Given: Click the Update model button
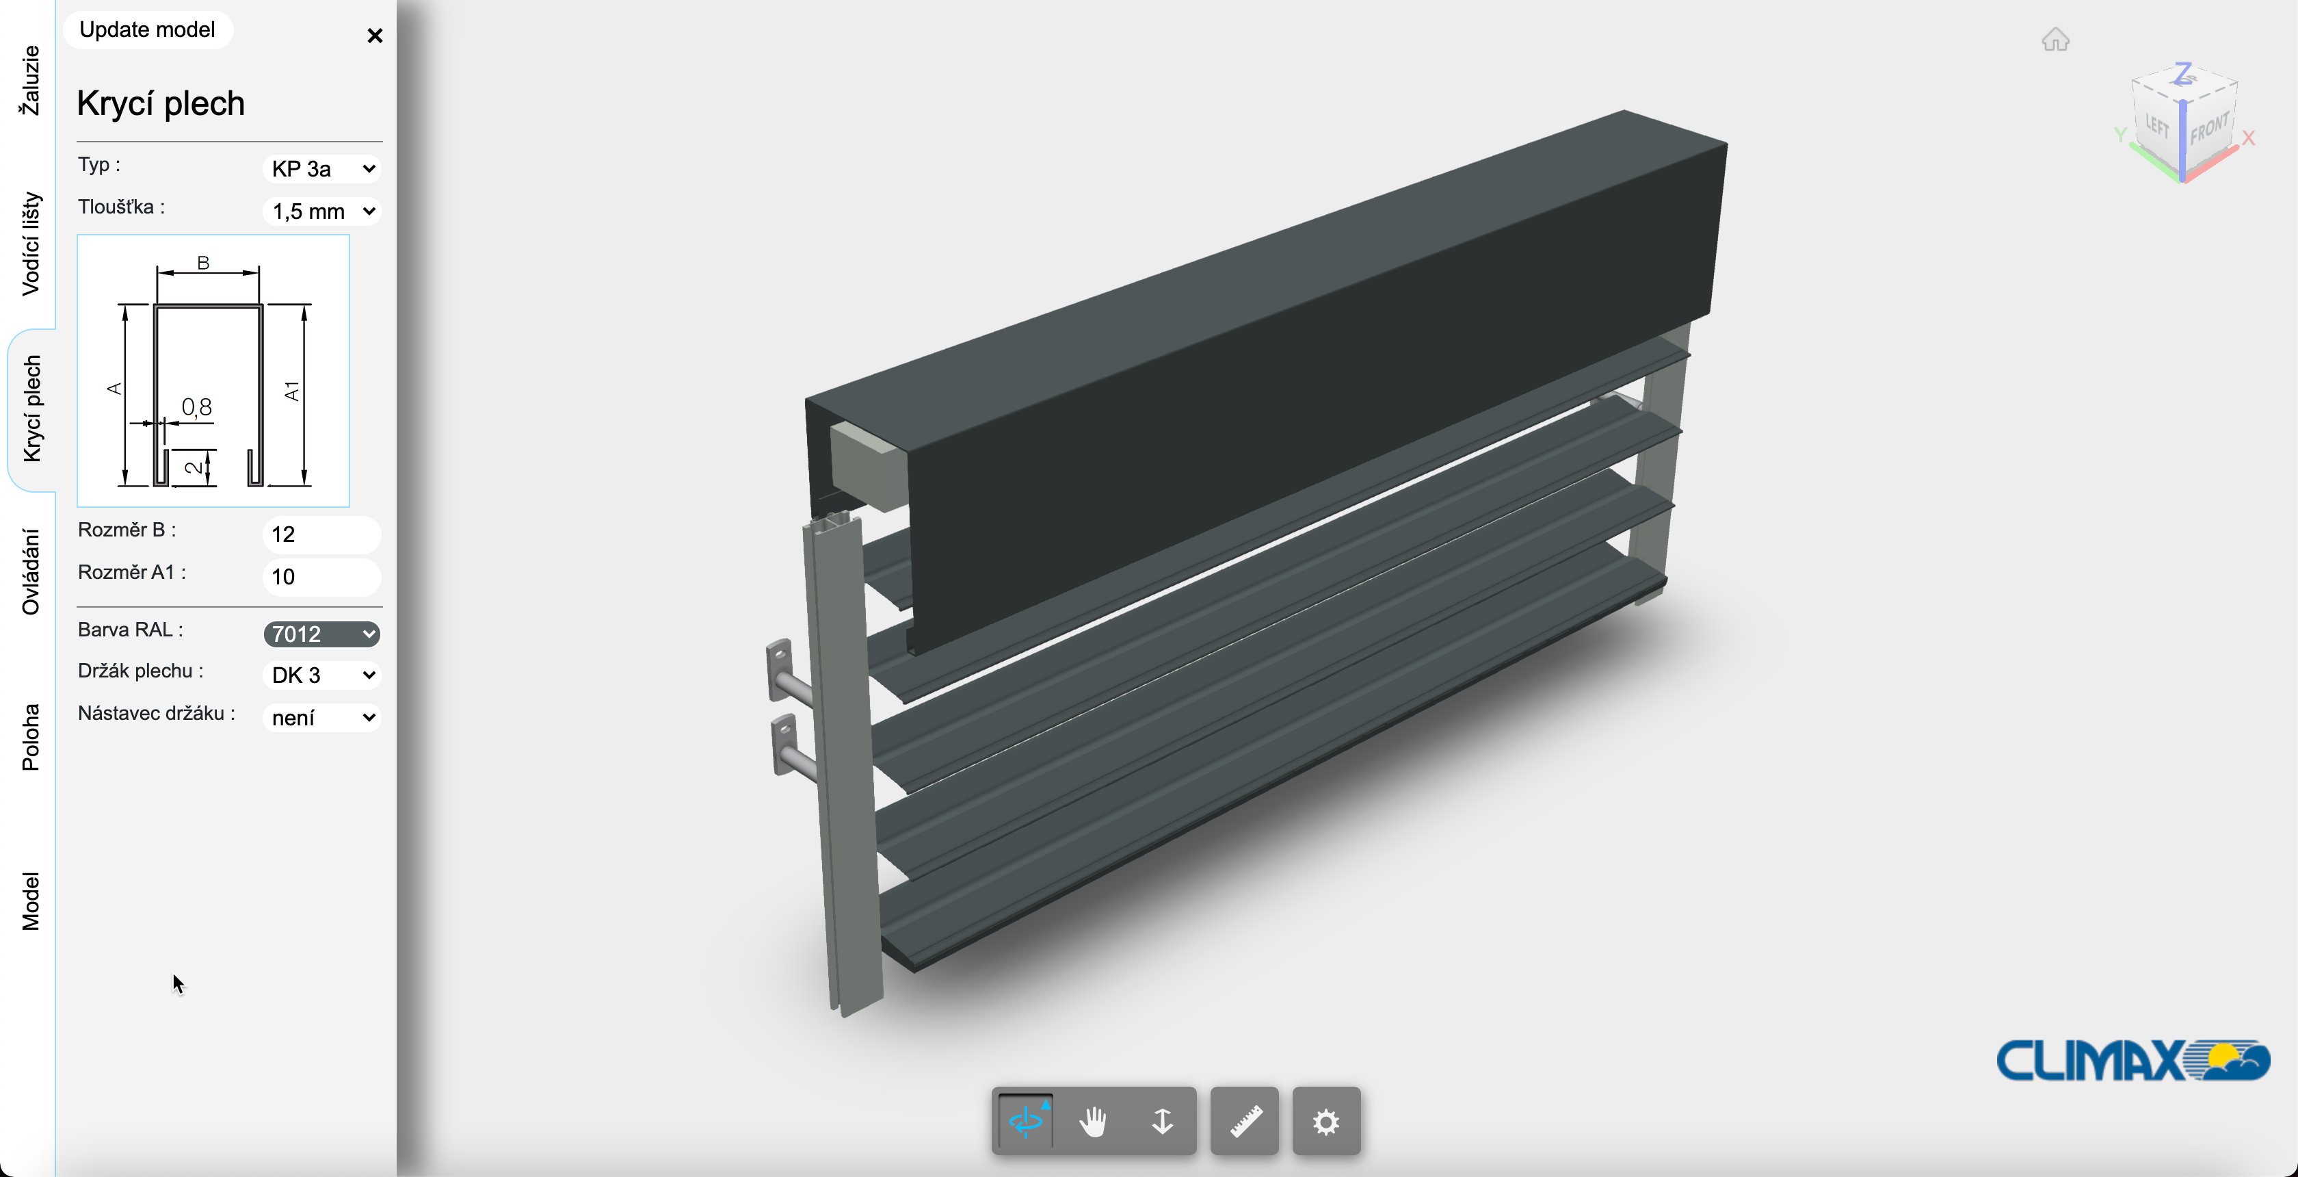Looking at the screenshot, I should tap(147, 29).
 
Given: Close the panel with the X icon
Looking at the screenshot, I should tap(375, 36).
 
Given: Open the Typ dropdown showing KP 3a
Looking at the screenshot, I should tap(322, 168).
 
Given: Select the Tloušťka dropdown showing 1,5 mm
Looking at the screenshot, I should tap(322, 211).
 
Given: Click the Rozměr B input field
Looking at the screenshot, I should tap(321, 534).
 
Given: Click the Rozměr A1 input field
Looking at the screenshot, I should tap(321, 576).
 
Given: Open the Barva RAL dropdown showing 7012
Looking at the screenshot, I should tap(322, 634).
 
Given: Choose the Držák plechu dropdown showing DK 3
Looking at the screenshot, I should tap(322, 675).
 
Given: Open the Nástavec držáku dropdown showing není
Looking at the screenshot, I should tap(322, 717).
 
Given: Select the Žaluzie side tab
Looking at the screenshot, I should tap(30, 80).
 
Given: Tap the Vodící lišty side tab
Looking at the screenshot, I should tap(30, 243).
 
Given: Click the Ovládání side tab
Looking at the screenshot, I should tap(30, 572).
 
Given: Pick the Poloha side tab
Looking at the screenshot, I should tap(30, 737).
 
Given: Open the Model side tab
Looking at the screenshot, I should tap(30, 901).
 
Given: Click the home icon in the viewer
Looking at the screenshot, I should tap(2055, 40).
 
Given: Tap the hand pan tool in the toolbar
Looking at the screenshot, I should tap(1093, 1121).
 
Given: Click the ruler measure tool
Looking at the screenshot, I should tap(1245, 1121).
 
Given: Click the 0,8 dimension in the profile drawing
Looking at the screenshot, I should tap(196, 407).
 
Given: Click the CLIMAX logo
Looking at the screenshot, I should tap(2132, 1060).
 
